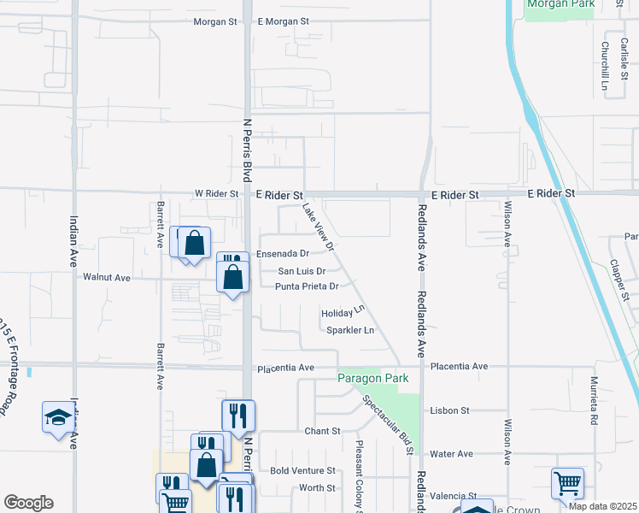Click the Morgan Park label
tap(561, 4)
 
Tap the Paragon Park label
tap(372, 378)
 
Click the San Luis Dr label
tap(300, 271)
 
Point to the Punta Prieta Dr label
tap(307, 286)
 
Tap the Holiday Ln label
tap(343, 313)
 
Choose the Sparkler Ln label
tap(350, 330)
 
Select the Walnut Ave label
tap(107, 278)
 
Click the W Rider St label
tap(217, 194)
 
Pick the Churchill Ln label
tap(604, 66)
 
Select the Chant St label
tap(323, 431)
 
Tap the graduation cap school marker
tap(58, 417)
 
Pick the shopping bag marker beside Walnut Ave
tap(233, 277)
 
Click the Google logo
tap(29, 503)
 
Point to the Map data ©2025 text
tap(602, 506)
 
